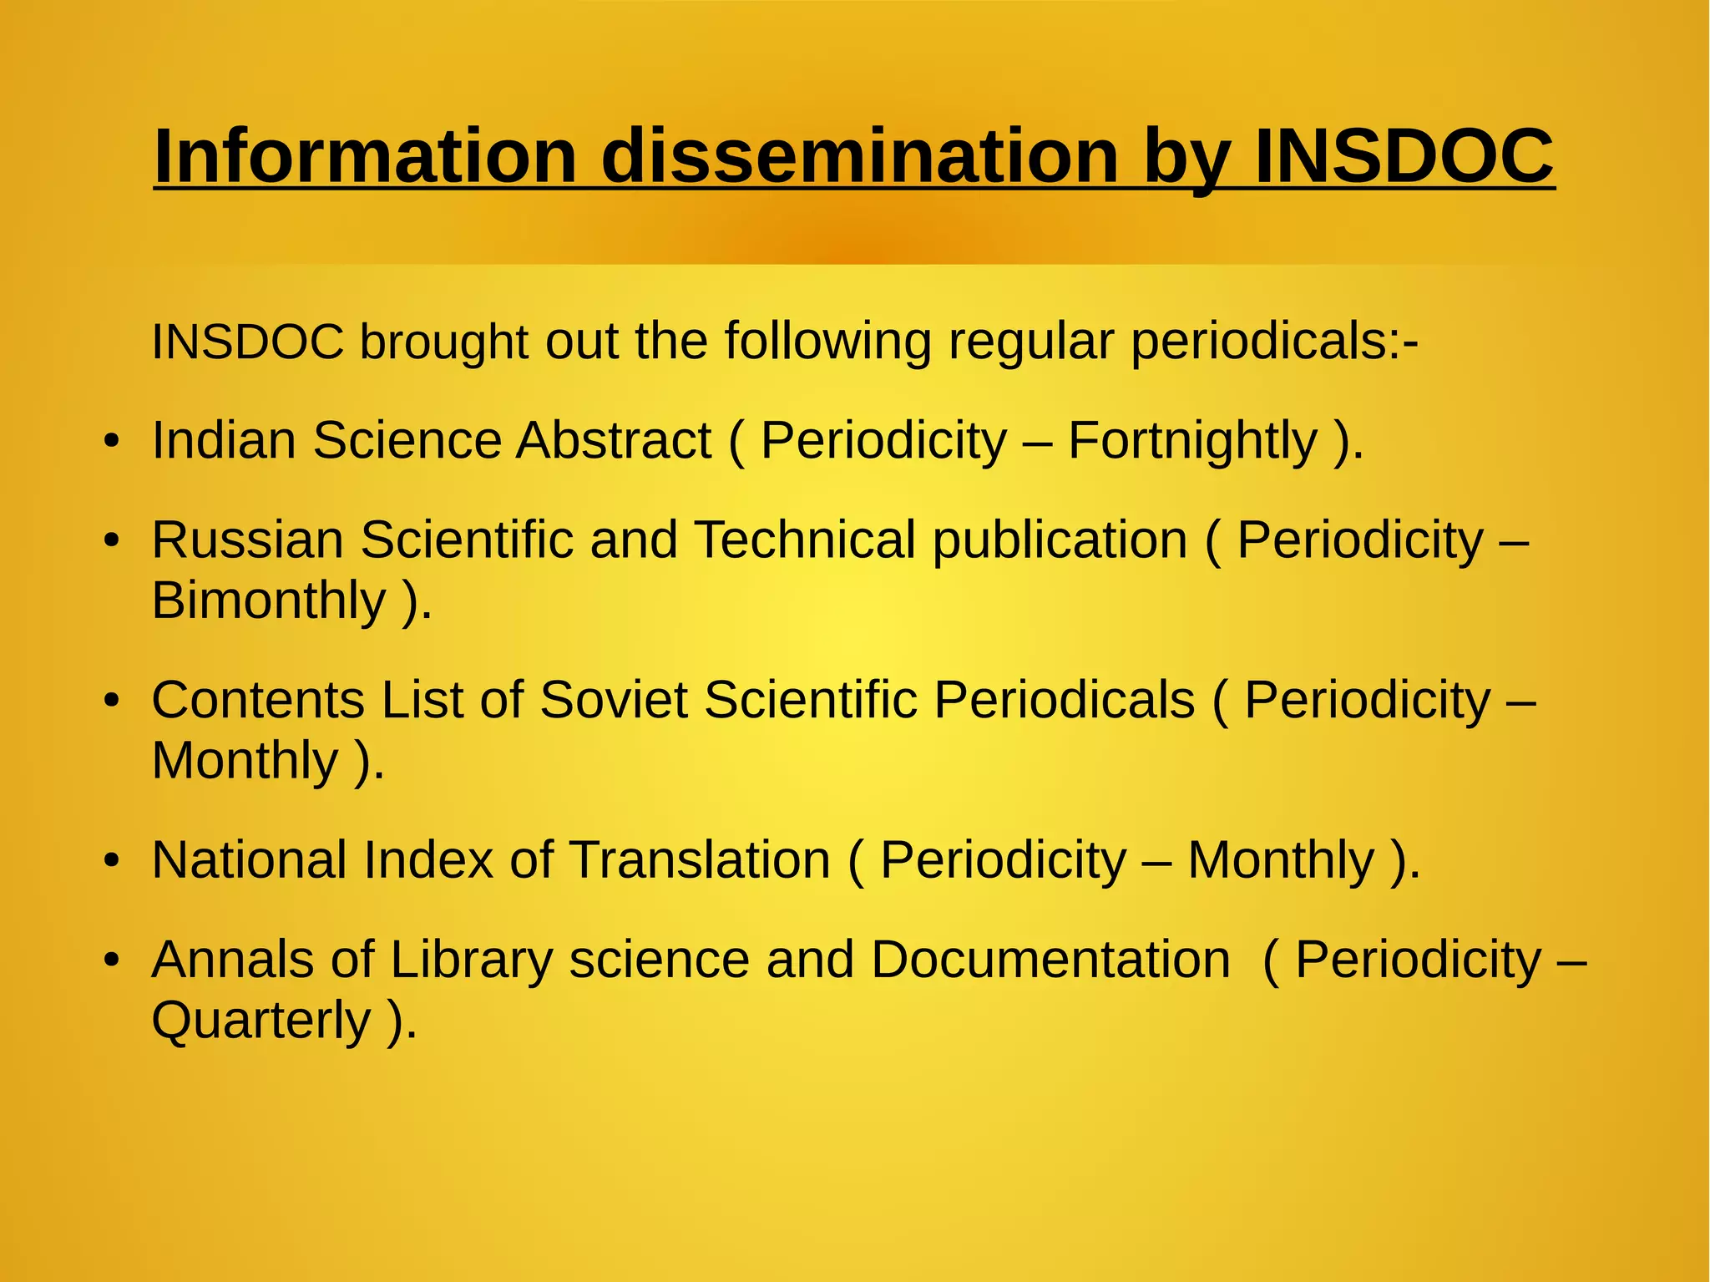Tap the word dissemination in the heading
click(860, 156)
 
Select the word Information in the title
click(366, 156)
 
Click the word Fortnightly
click(1192, 440)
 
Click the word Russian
click(247, 540)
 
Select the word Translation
click(700, 859)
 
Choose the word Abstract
click(613, 440)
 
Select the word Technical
click(805, 540)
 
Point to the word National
click(249, 859)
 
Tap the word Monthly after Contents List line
click(245, 760)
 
